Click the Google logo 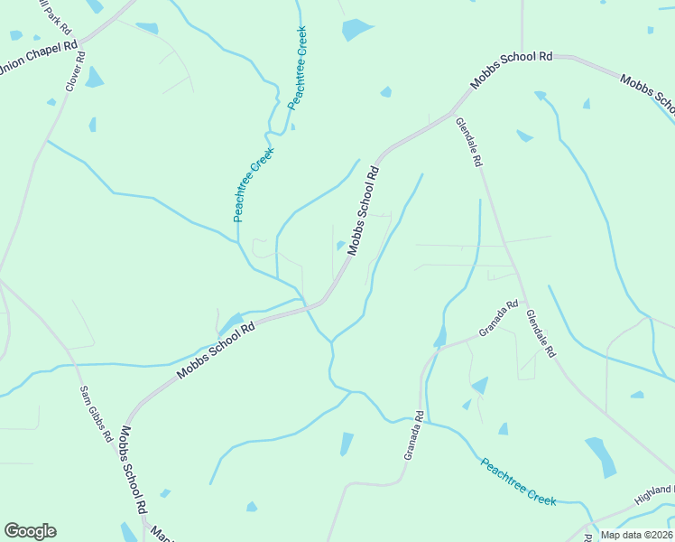point(30,531)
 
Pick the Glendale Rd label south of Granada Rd point(541,337)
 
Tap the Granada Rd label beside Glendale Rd point(498,318)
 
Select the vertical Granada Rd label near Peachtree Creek point(413,436)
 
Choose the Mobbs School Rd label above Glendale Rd point(511,70)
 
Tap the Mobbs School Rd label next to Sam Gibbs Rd point(134,470)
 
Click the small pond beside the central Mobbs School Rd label point(340,245)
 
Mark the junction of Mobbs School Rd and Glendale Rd point(452,114)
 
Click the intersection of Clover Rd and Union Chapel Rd point(81,42)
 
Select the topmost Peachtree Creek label point(297,68)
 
